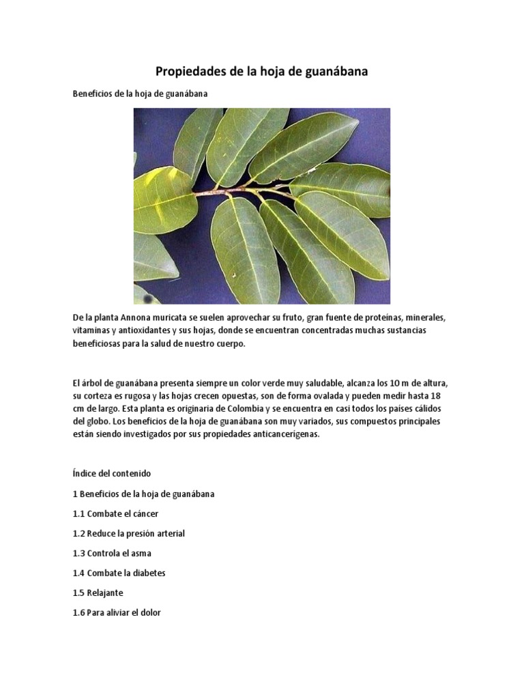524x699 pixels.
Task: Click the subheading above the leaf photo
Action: (x=139, y=94)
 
